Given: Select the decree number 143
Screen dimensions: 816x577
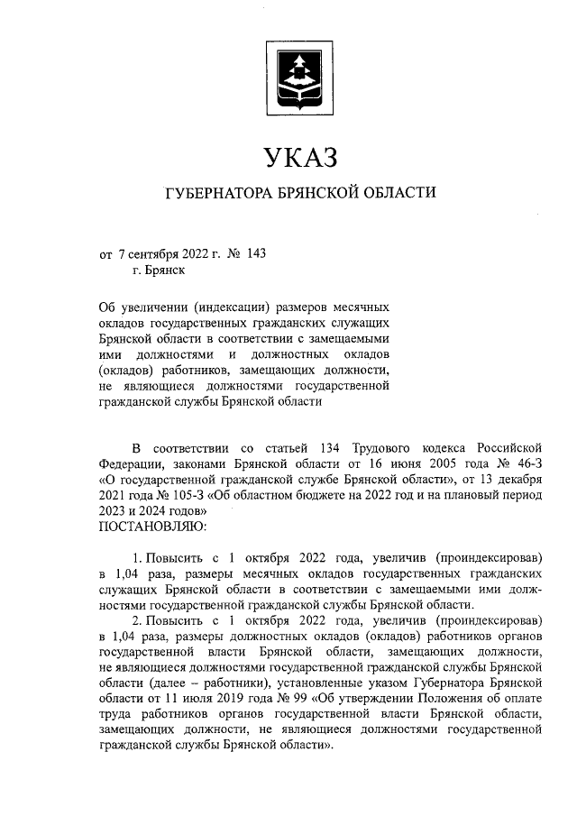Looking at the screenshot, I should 255,253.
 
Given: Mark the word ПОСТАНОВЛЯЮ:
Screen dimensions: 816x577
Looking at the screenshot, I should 152,525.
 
